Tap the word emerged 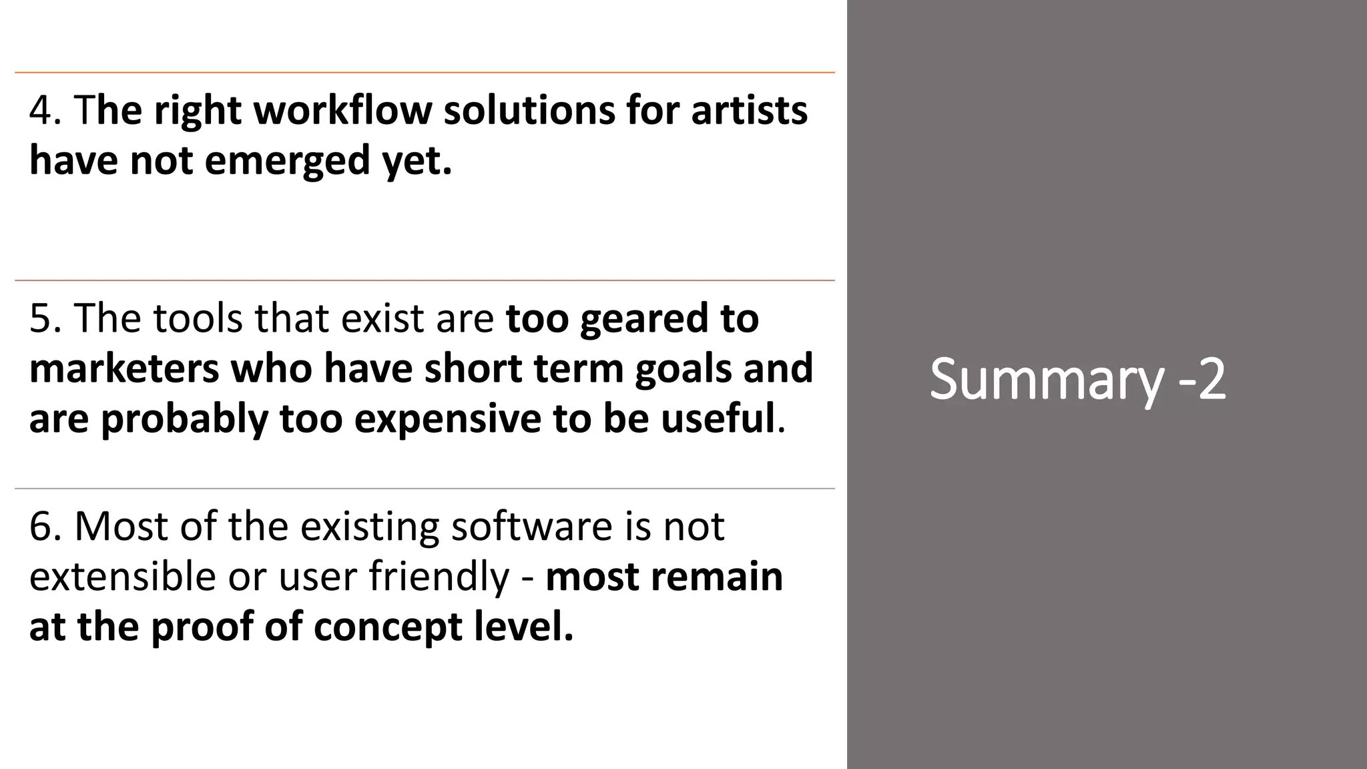[x=287, y=161]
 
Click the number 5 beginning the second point [x=40, y=318]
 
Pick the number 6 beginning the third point [x=40, y=526]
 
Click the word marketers [x=124, y=368]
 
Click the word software [x=531, y=526]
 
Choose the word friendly [x=439, y=577]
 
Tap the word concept [x=388, y=627]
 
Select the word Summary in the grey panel [x=1047, y=379]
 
